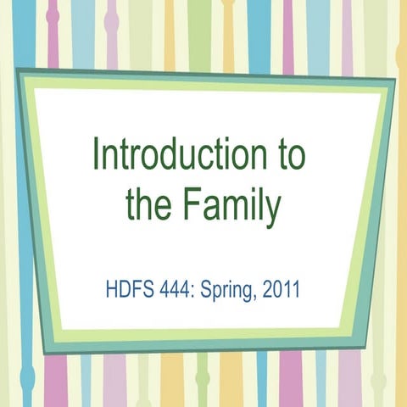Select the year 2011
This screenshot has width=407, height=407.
pyautogui.click(x=282, y=293)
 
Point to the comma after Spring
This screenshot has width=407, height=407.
pyautogui.click(x=252, y=299)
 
